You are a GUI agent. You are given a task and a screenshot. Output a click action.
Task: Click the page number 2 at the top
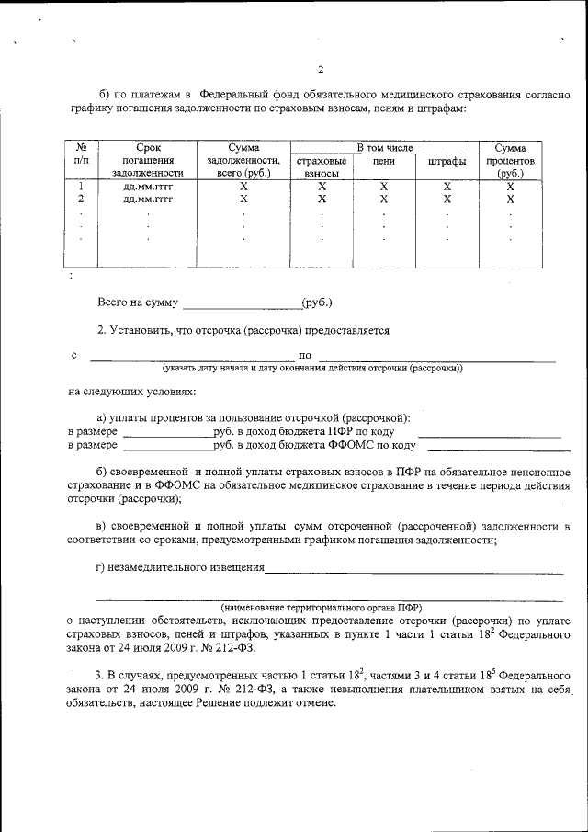(321, 70)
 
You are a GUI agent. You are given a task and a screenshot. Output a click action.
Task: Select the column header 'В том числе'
(385, 147)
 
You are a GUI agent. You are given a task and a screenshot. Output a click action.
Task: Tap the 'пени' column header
(384, 161)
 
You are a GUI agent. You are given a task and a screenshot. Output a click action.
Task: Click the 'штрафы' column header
(447, 161)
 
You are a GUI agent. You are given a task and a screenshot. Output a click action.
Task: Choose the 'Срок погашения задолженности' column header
(148, 160)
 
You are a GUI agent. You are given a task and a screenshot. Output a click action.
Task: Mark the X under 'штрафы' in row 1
(447, 187)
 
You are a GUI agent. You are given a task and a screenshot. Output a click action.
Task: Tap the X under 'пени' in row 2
(384, 199)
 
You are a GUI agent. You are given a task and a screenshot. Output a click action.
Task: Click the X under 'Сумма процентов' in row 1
(510, 187)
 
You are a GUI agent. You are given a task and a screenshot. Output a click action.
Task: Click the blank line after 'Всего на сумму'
(242, 304)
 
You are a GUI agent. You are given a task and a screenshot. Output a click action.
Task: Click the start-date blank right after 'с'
(190, 357)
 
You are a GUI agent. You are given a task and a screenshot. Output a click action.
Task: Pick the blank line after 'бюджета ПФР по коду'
(489, 434)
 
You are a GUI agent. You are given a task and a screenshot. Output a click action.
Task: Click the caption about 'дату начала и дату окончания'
(312, 369)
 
